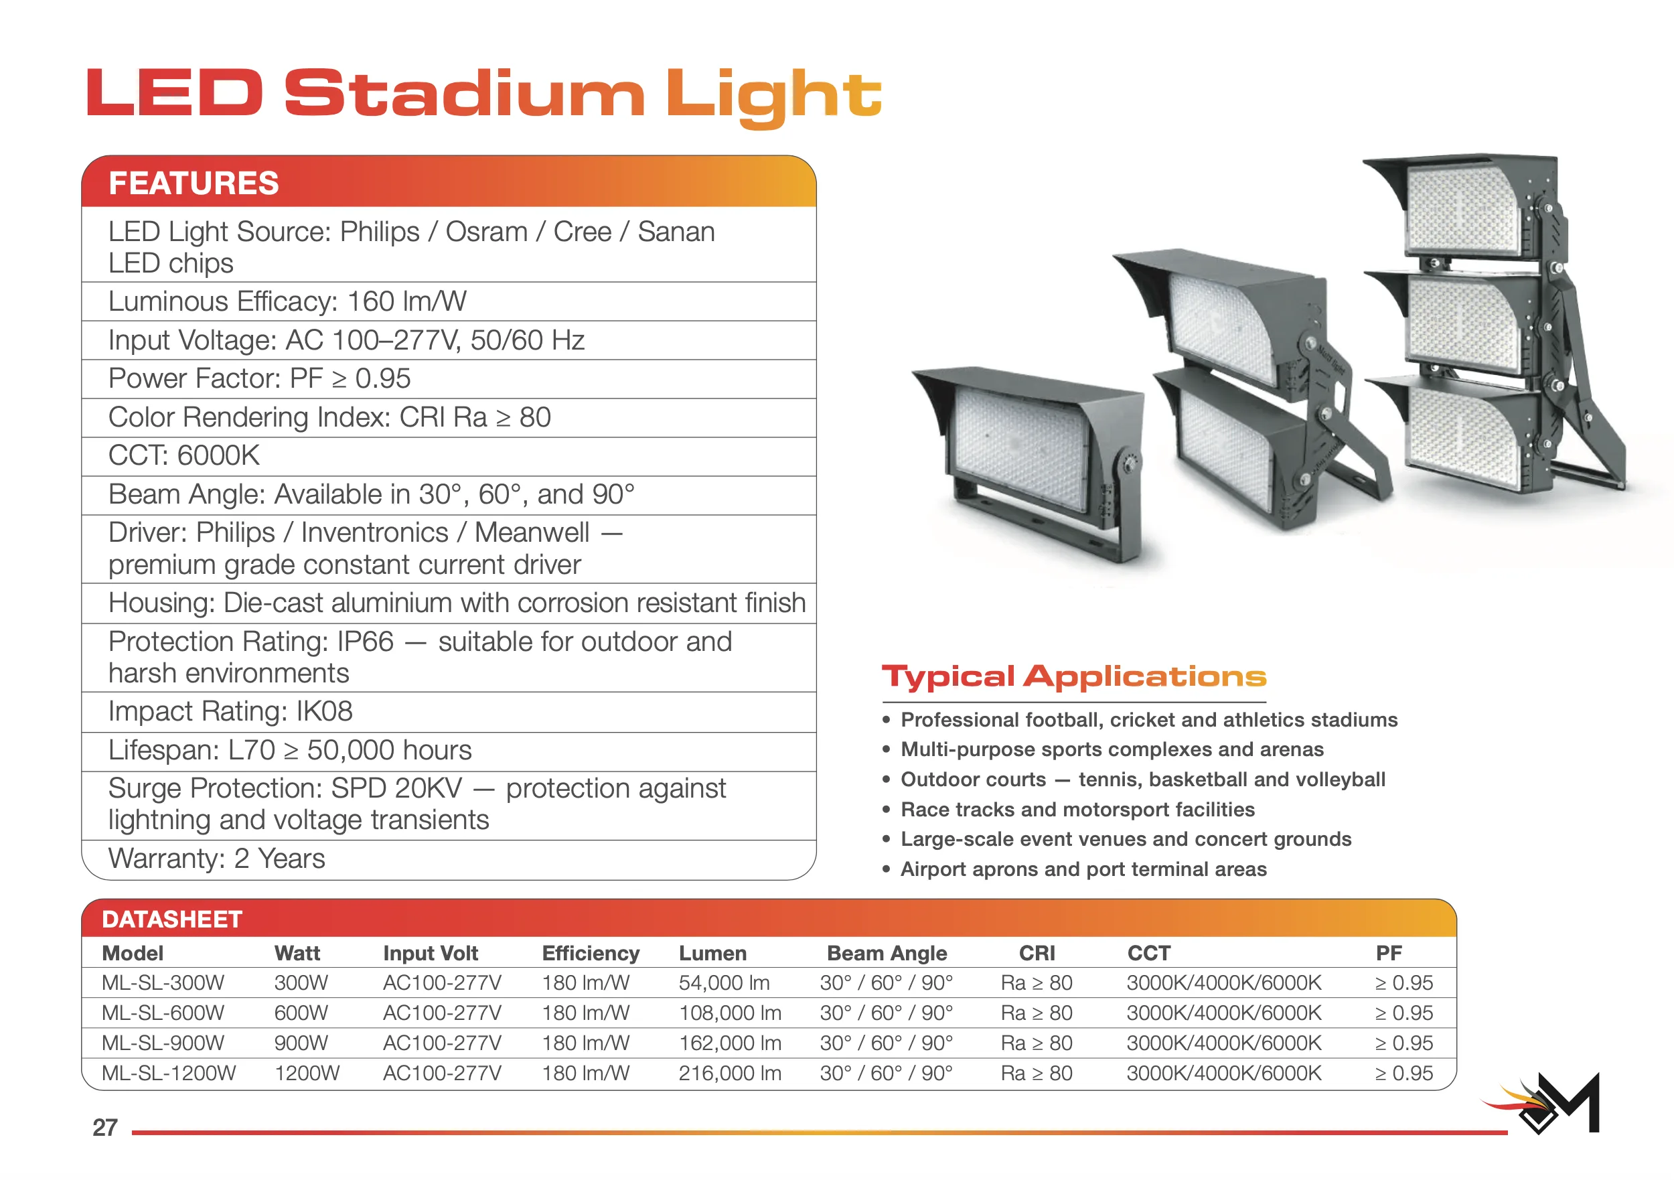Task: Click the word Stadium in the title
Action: (465, 93)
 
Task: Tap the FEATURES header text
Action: (194, 183)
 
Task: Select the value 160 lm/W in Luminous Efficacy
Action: (406, 301)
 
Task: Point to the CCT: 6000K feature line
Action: (183, 456)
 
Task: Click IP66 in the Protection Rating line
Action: (366, 642)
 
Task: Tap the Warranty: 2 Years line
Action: (216, 859)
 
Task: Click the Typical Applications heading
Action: (1074, 677)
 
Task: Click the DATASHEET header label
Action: (172, 919)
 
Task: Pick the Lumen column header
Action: (712, 953)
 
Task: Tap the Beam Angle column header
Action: (887, 954)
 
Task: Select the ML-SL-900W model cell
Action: (163, 1043)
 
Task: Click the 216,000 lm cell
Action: (730, 1074)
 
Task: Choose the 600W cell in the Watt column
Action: (301, 1013)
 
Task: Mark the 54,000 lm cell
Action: (724, 983)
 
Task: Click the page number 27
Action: (105, 1128)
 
